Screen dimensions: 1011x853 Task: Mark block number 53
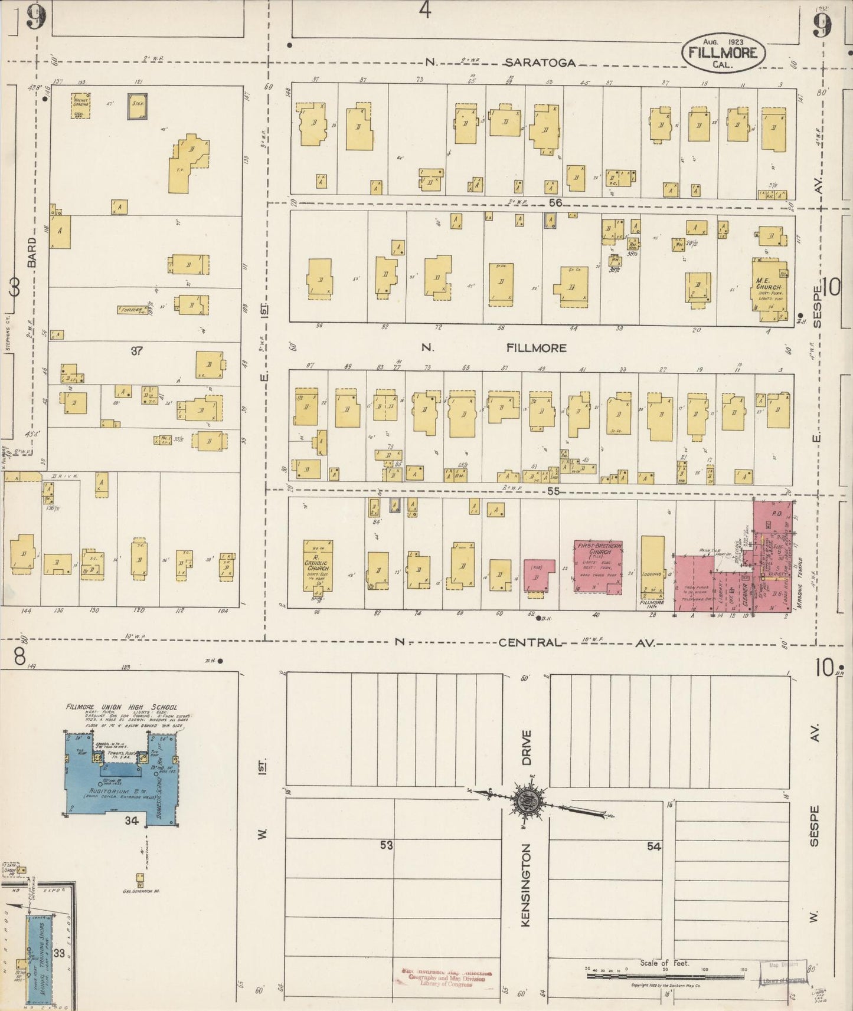point(386,845)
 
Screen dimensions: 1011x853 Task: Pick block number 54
point(653,846)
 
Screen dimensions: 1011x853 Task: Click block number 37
point(137,351)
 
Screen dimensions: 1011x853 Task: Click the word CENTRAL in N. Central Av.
point(528,642)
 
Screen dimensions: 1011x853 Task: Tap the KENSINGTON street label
point(527,885)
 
